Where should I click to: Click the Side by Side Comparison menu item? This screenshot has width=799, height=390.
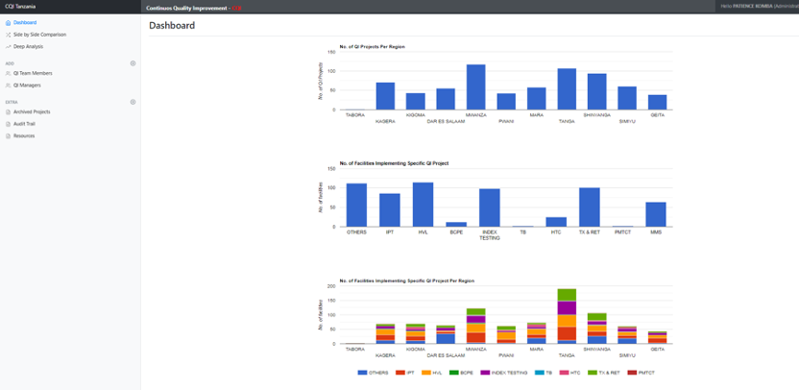(x=39, y=35)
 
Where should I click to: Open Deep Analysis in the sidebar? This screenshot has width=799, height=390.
(x=28, y=46)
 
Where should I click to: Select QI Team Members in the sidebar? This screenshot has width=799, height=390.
(x=33, y=73)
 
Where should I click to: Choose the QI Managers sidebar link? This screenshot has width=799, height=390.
(x=27, y=85)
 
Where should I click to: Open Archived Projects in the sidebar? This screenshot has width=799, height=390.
(x=32, y=111)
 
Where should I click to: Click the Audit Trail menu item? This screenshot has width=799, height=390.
(x=24, y=124)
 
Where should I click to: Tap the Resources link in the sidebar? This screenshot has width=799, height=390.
(x=24, y=135)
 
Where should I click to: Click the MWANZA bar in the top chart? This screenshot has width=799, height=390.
(x=475, y=87)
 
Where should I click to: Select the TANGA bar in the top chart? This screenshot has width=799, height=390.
(x=567, y=89)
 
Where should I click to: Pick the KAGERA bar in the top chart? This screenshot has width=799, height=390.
(x=385, y=96)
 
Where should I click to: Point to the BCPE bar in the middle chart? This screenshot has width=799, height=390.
(x=456, y=225)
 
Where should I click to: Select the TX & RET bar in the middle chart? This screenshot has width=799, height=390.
(x=590, y=207)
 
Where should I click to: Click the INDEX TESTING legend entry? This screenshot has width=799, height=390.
(x=508, y=372)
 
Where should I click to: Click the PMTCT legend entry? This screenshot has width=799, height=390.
(x=642, y=372)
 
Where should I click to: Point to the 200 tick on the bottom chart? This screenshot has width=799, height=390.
(x=331, y=286)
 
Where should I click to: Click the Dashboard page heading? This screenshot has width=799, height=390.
(x=172, y=25)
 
